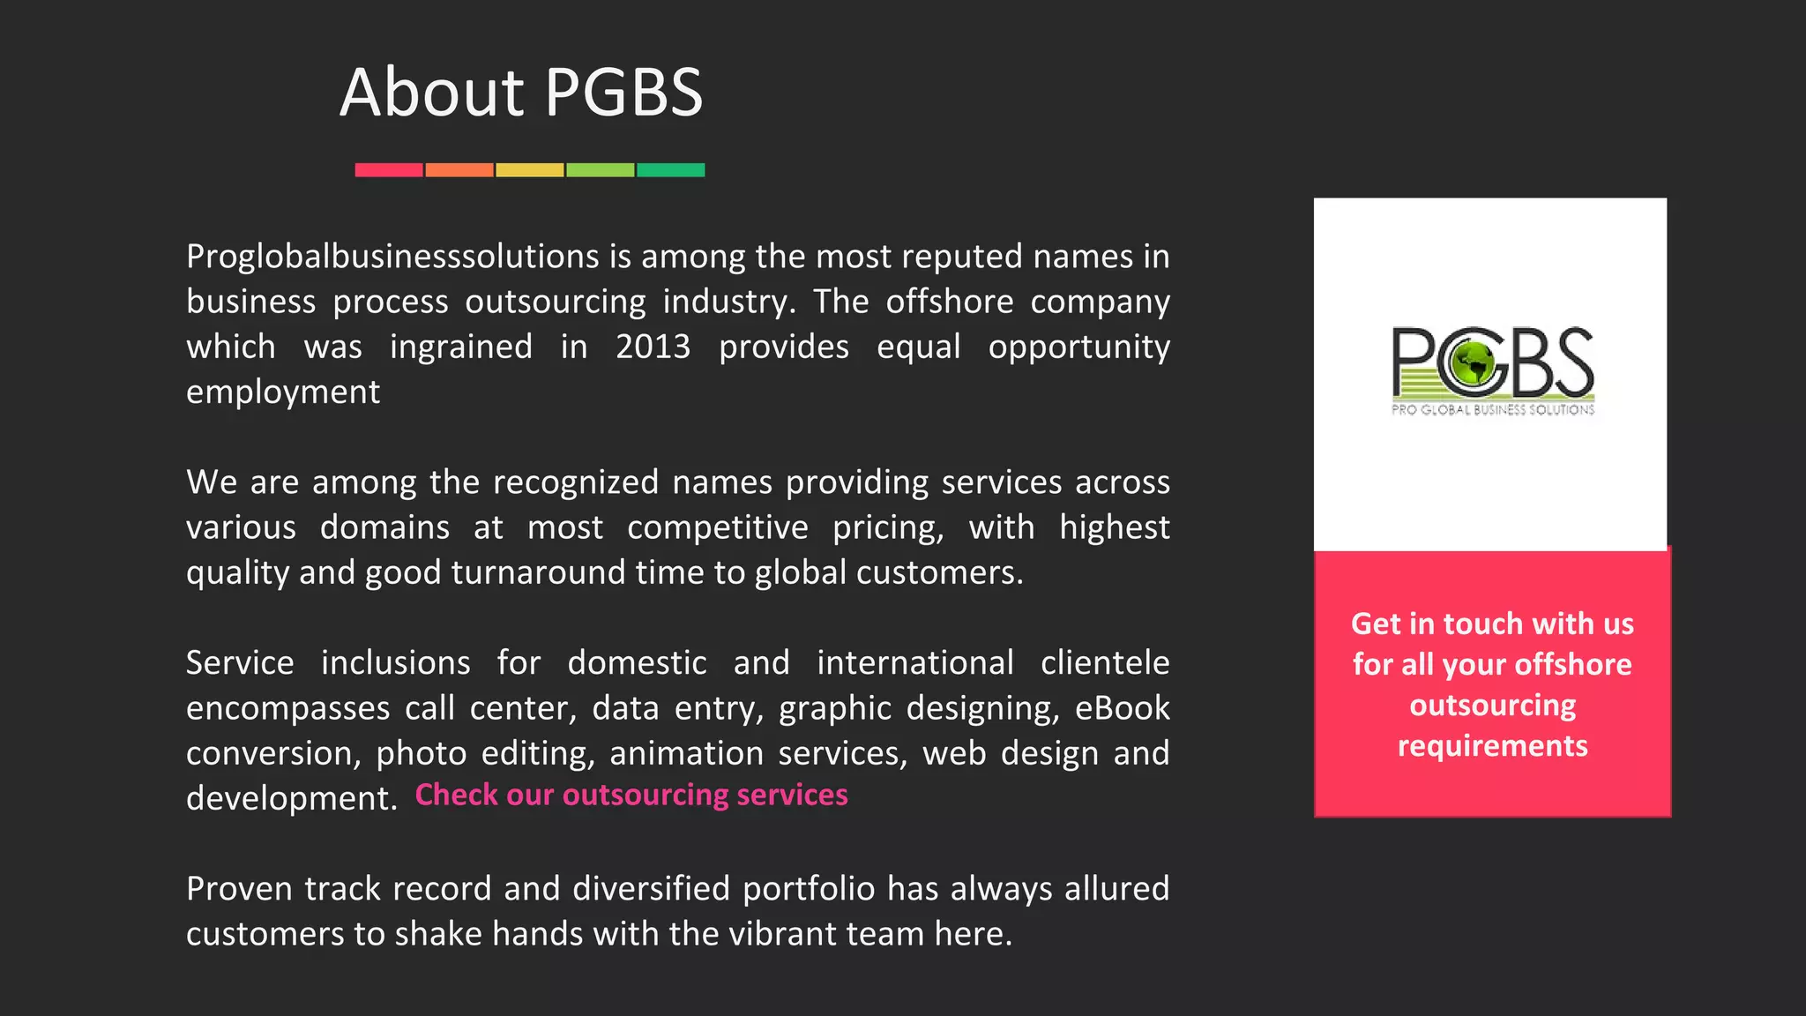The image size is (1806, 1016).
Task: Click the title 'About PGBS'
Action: coord(521,92)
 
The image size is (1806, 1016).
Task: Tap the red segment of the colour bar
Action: coord(389,170)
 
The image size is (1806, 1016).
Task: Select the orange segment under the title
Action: coord(459,170)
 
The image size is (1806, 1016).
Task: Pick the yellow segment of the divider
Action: coord(529,170)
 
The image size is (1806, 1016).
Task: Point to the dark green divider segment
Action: coord(670,170)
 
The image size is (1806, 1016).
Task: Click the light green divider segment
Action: coord(600,170)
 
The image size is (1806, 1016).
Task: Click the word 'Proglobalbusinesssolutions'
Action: coord(392,257)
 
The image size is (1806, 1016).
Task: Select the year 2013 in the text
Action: coord(653,347)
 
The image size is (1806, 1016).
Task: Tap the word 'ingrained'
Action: coord(461,347)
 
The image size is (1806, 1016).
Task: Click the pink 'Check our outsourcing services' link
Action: coord(631,795)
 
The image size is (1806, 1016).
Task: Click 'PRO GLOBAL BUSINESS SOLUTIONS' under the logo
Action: coord(1493,409)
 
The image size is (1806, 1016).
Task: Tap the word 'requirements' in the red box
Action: coord(1492,746)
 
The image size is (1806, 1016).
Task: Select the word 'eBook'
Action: coord(1122,708)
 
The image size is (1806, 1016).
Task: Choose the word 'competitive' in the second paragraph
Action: coord(718,527)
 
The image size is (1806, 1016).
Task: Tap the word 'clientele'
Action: coord(1105,662)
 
